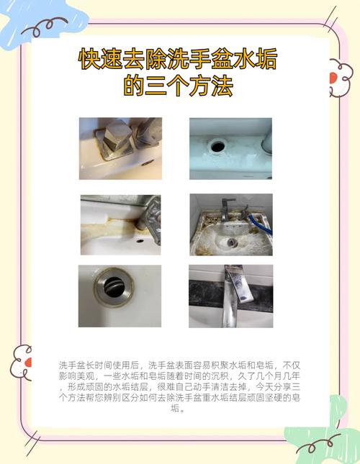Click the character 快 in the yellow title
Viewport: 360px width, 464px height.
coord(89,58)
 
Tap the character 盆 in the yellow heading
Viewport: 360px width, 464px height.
coord(222,58)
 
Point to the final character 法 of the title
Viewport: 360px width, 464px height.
coord(222,86)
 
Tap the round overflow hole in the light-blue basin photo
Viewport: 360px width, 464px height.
coord(218,145)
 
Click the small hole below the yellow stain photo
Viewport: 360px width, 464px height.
coord(140,240)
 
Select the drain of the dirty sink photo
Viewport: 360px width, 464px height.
coord(232,242)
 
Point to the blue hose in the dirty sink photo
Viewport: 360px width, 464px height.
coord(261,224)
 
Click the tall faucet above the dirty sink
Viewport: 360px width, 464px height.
coord(227,209)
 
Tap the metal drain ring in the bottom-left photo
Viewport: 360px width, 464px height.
coord(114,286)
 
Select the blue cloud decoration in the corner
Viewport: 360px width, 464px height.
coord(42,22)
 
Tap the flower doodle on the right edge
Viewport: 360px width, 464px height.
coord(341,78)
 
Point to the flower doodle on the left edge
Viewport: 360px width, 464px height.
coord(22,362)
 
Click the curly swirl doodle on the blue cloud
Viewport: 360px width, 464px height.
coord(45,27)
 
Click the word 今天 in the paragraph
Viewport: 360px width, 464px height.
coord(265,387)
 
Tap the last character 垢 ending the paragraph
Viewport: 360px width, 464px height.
coord(175,409)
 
